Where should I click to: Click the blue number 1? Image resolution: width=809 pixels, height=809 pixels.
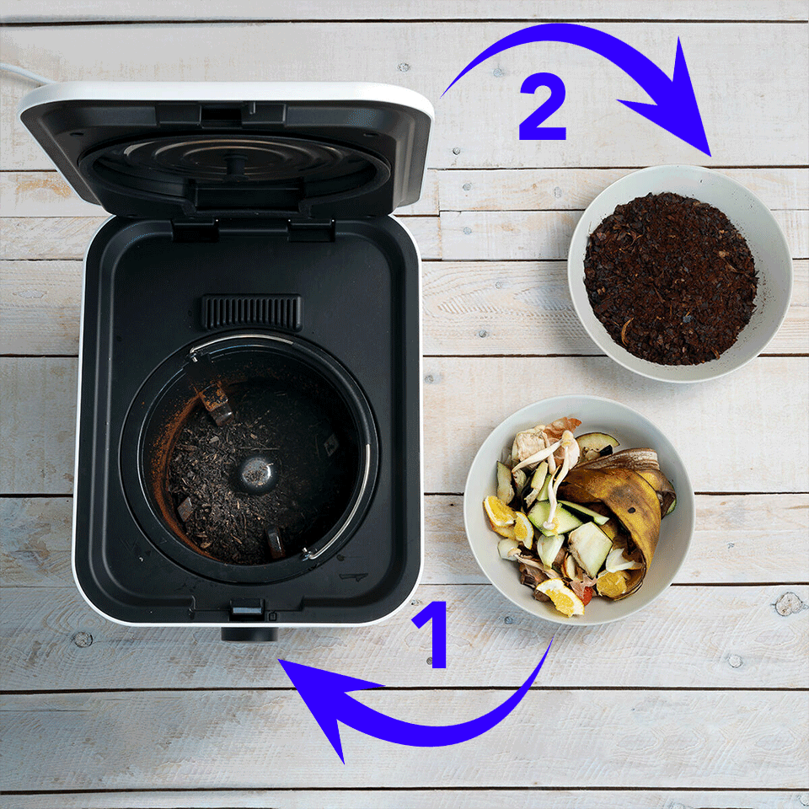click(432, 634)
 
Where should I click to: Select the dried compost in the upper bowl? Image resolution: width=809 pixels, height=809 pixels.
click(670, 279)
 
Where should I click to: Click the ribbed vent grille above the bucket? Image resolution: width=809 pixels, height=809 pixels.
click(252, 312)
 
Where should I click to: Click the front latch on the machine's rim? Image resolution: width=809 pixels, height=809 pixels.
click(247, 609)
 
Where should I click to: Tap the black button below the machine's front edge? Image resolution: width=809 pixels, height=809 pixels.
click(249, 634)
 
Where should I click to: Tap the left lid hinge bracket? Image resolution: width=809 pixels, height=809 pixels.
click(195, 231)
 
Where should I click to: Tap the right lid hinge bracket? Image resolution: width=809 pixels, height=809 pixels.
click(311, 230)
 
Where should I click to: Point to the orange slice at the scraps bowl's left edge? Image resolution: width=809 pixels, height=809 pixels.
click(500, 512)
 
